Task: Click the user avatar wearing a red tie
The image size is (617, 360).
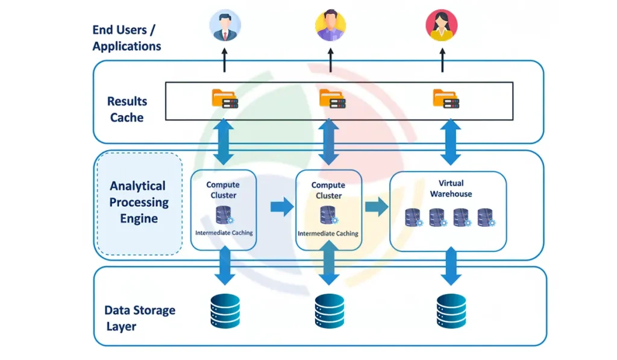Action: coord(225,26)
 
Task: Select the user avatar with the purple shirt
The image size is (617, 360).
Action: coord(330,26)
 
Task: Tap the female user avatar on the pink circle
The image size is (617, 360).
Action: coord(442,26)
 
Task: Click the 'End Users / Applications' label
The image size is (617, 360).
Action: coord(127,37)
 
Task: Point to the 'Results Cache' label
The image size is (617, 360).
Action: coord(127,109)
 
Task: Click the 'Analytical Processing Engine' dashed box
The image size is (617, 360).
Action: coord(139,203)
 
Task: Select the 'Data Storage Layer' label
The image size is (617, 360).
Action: coord(140,318)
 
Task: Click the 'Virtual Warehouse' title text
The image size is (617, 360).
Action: coord(451,188)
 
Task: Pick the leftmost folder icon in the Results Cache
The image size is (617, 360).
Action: coord(224,99)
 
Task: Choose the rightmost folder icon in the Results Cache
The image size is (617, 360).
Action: coord(445,99)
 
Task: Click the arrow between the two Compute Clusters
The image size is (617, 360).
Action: coord(281,207)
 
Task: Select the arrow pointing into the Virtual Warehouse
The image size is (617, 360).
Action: coord(376,207)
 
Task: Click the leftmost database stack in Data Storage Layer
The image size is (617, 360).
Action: coord(225,311)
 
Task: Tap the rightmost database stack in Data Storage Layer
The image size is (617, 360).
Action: coord(451,311)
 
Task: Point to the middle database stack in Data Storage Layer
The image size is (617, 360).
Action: coord(329,311)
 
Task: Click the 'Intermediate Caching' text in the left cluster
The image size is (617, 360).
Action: coord(224,232)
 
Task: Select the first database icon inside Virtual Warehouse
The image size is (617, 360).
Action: coord(414,218)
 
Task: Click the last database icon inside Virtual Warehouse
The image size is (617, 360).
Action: coord(486,218)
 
